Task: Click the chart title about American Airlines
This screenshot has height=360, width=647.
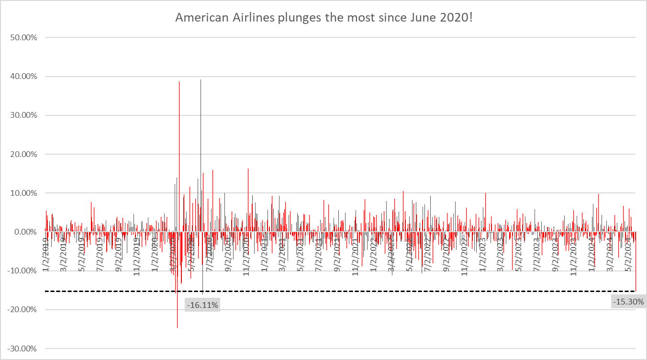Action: [x=323, y=18]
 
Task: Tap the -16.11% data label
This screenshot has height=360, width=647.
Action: [x=202, y=304]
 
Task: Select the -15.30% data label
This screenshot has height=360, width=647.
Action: [x=628, y=302]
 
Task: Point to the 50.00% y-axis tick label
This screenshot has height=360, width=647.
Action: [x=23, y=37]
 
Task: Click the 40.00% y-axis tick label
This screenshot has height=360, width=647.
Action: [x=23, y=76]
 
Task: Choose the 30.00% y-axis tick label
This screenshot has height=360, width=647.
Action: [x=23, y=115]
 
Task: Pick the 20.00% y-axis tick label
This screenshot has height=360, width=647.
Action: [x=23, y=154]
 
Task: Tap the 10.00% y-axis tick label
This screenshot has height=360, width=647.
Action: [x=23, y=193]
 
